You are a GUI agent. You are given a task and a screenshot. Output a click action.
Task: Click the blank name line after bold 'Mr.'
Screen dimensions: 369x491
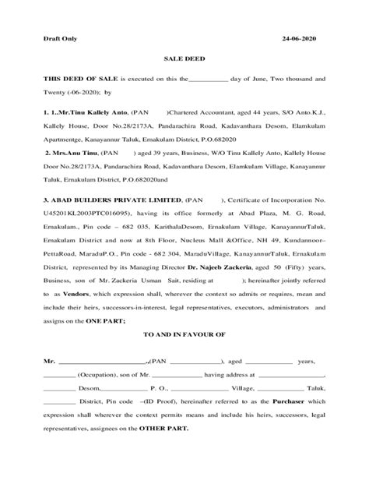[x=103, y=384]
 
